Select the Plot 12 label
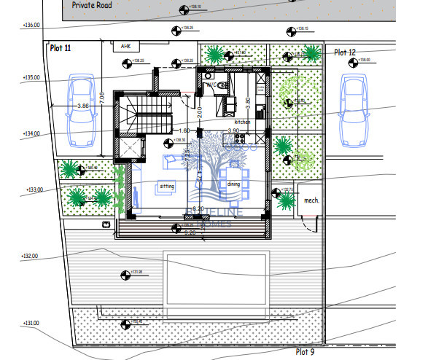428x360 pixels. coord(345,52)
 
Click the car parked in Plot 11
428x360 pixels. coord(81,107)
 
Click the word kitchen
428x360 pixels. coord(242,122)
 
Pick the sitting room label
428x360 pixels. coord(166,187)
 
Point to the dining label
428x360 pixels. coord(233,184)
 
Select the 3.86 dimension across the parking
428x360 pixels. coord(82,106)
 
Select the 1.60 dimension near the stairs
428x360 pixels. coord(184,130)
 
